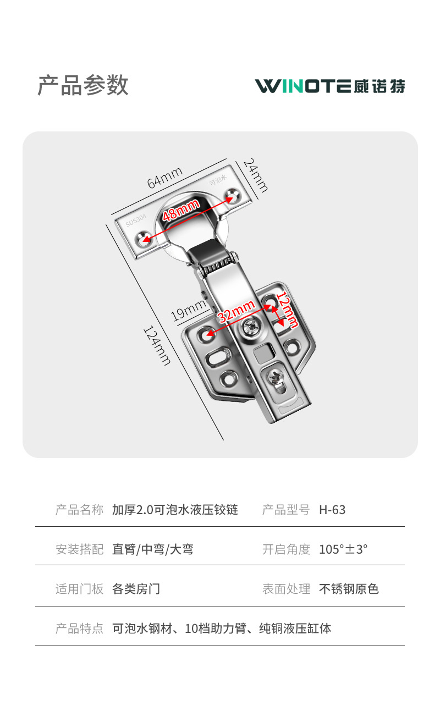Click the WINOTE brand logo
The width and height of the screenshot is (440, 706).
(x=330, y=86)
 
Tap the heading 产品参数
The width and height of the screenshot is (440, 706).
(x=83, y=85)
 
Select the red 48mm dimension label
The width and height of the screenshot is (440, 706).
(x=181, y=211)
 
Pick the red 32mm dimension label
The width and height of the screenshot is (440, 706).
(x=237, y=312)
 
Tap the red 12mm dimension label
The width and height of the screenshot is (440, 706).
(x=287, y=310)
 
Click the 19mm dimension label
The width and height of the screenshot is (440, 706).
(x=188, y=312)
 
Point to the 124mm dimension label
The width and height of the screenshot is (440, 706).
(x=157, y=345)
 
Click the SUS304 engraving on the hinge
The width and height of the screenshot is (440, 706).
(x=136, y=222)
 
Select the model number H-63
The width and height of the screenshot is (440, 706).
(x=332, y=510)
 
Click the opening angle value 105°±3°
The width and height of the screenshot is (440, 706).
(x=343, y=549)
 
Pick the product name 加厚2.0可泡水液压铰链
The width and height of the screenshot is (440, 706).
(x=175, y=510)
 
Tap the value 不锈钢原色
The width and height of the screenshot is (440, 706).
(x=349, y=589)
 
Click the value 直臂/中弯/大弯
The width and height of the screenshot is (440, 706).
(x=152, y=549)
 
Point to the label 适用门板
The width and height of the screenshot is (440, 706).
(x=79, y=589)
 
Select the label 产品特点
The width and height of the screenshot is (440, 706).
(x=79, y=628)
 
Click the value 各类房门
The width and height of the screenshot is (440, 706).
(x=136, y=589)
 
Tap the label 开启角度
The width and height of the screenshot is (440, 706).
(x=286, y=549)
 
